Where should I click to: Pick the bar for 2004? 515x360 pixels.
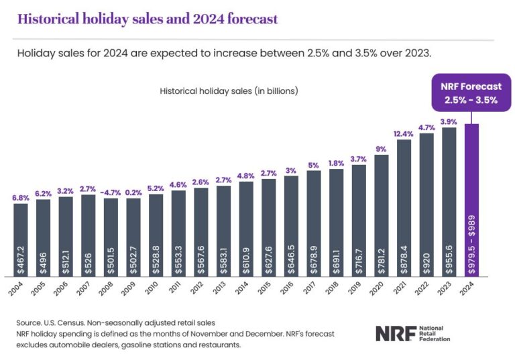(21, 241)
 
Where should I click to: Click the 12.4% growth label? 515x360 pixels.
(404, 133)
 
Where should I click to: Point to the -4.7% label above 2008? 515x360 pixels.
(111, 192)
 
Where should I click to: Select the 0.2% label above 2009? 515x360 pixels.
(133, 192)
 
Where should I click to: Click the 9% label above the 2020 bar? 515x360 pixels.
(382, 149)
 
